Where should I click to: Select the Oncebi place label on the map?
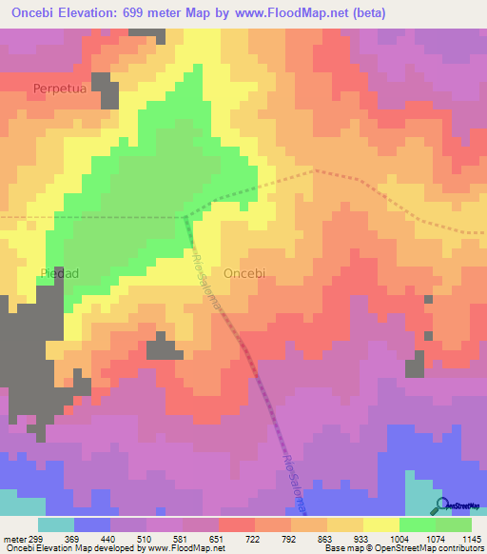(249, 272)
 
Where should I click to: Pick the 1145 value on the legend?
(472, 538)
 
